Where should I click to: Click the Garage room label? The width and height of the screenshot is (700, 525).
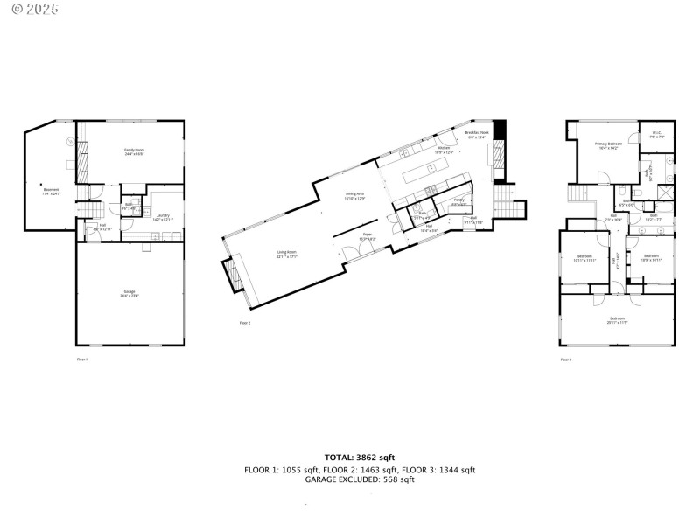(x=129, y=292)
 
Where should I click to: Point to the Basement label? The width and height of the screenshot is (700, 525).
(x=52, y=191)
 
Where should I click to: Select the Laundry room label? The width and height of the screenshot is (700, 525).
(x=163, y=216)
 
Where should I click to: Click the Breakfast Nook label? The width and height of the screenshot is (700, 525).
(x=478, y=134)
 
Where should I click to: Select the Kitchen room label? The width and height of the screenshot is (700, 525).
(x=444, y=150)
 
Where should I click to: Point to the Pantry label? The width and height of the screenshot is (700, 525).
(x=458, y=203)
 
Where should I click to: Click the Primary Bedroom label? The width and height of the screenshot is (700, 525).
(x=609, y=145)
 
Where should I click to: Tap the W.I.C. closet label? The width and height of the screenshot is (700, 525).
(x=656, y=135)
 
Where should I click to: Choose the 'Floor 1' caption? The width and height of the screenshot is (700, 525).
(x=82, y=359)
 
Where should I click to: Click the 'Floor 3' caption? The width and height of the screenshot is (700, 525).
(x=565, y=359)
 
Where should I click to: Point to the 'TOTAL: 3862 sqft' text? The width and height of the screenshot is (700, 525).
(x=360, y=457)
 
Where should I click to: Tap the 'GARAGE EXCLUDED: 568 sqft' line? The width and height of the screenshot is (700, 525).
(x=360, y=479)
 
